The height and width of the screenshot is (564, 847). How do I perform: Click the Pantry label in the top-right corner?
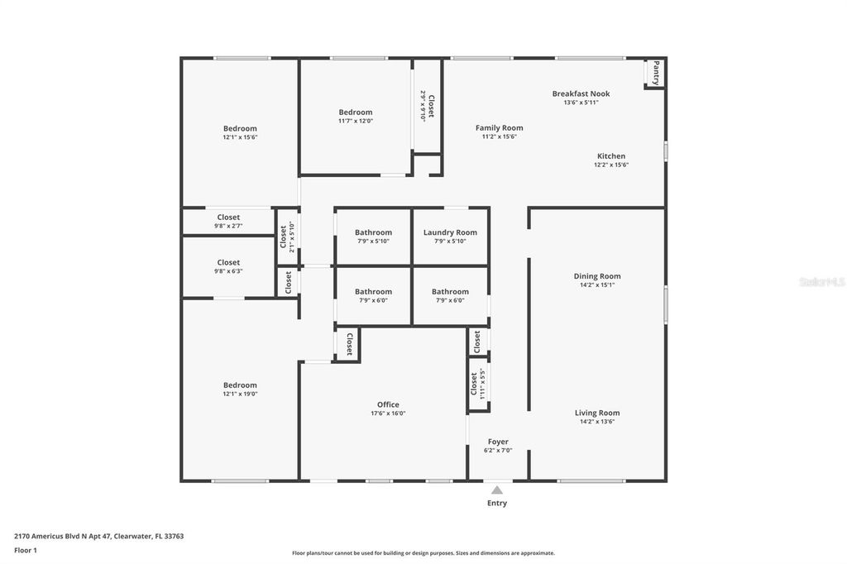656,73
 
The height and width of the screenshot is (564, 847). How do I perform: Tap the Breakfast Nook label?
581,93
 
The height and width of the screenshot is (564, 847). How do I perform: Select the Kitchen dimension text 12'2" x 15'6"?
611,165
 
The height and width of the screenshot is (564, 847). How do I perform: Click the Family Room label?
499,127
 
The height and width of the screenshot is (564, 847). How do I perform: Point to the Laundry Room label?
450,232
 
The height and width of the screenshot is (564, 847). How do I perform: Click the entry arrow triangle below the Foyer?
497,490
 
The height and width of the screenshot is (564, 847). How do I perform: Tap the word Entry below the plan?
497,503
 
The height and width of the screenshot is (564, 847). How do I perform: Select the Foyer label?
498,442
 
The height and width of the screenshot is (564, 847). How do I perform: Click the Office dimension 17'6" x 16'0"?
388,413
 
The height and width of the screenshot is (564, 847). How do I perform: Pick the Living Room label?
597,413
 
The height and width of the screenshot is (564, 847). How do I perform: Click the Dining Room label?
597,276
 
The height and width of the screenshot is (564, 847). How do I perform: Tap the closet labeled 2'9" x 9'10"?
427,106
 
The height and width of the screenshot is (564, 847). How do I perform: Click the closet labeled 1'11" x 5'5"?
477,384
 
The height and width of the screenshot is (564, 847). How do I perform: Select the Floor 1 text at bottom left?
26,550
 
